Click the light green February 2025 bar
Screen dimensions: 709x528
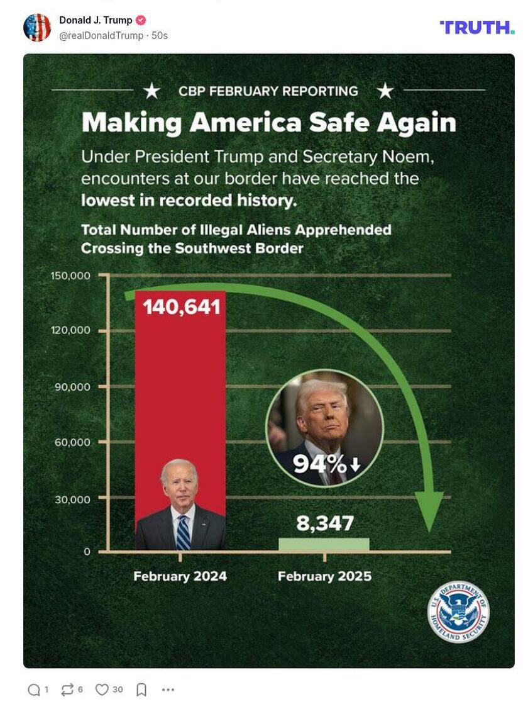click(x=324, y=544)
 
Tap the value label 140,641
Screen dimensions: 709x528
click(x=182, y=307)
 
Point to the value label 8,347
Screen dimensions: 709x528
click(x=325, y=523)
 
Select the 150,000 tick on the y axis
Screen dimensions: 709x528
click(x=70, y=276)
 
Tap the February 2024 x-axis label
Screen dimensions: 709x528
click(x=180, y=576)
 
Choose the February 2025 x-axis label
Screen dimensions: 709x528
click(x=324, y=576)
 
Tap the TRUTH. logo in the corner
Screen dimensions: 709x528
click(x=476, y=27)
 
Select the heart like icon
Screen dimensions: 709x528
click(x=102, y=689)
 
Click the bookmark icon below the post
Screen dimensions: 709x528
click(x=141, y=689)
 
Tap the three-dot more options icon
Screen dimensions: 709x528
click(x=168, y=689)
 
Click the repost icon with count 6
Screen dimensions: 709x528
click(x=67, y=689)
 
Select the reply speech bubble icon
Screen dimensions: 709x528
click(x=34, y=689)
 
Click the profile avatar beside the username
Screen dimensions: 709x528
click(x=37, y=27)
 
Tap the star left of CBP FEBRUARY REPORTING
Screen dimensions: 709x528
click(x=151, y=91)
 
